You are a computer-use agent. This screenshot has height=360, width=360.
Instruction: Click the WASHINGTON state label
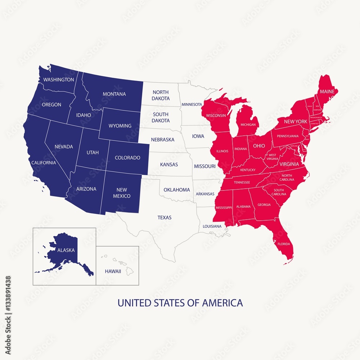pyautogui.click(x=59, y=80)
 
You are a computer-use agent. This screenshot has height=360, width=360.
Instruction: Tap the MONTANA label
pyautogui.click(x=114, y=94)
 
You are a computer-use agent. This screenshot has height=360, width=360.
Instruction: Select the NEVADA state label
pyautogui.click(x=64, y=147)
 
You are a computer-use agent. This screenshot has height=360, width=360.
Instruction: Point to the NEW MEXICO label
pyautogui.click(x=121, y=193)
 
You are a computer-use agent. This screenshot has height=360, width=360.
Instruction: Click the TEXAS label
pyautogui.click(x=165, y=217)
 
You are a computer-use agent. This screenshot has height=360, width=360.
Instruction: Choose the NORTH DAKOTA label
pyautogui.click(x=161, y=95)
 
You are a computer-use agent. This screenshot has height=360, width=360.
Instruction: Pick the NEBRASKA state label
pyautogui.click(x=163, y=139)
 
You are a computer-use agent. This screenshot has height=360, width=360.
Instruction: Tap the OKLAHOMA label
pyautogui.click(x=177, y=190)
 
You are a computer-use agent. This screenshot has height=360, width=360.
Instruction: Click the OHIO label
pyautogui.click(x=258, y=146)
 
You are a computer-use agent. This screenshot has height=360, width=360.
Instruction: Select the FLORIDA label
pyautogui.click(x=283, y=244)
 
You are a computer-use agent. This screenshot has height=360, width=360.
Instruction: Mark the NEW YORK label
pyautogui.click(x=296, y=122)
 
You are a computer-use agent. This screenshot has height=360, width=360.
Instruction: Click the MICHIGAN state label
pyautogui.click(x=248, y=125)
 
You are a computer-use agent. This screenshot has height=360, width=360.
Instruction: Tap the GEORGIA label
pyautogui.click(x=264, y=205)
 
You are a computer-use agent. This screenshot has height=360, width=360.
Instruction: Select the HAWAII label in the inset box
pyautogui.click(x=113, y=271)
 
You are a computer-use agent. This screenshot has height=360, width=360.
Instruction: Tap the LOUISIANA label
pyautogui.click(x=212, y=226)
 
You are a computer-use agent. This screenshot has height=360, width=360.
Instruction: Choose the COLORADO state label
pyautogui.click(x=127, y=158)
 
